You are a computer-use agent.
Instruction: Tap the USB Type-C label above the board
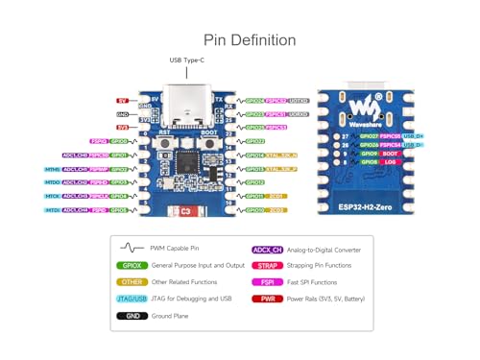tap(188, 61)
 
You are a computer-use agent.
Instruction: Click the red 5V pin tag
tap(122, 100)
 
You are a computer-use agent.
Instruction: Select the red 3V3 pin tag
tap(122, 127)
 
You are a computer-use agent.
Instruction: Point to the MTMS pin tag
tap(52, 168)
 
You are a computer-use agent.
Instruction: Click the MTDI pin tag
tap(52, 209)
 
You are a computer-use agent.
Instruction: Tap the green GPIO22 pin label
tap(255, 140)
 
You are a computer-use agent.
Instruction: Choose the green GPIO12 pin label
tap(255, 181)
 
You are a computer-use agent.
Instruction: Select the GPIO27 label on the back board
tap(368, 137)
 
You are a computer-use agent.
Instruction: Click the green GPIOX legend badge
tap(131, 264)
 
